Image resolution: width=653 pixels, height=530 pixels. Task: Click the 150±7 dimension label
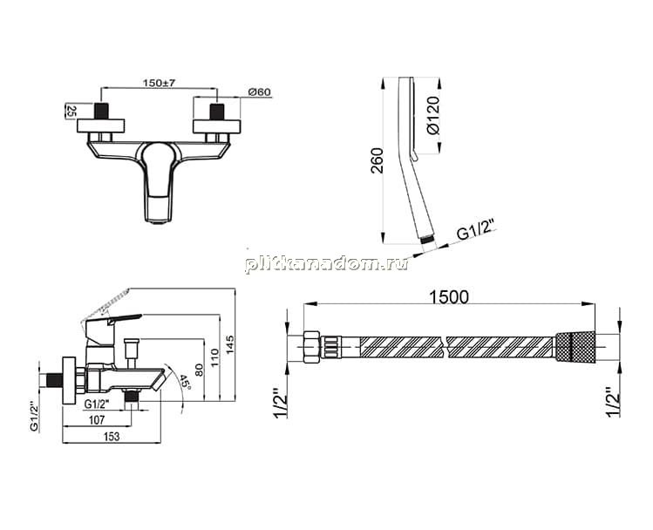click(159, 83)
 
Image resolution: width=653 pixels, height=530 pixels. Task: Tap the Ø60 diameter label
click(259, 92)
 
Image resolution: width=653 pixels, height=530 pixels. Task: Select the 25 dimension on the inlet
click(71, 111)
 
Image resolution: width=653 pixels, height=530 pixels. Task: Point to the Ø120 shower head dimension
click(433, 115)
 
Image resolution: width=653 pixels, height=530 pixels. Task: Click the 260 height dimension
click(378, 160)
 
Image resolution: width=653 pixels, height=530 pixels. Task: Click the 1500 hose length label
click(448, 297)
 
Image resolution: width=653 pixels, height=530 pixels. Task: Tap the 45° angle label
click(185, 382)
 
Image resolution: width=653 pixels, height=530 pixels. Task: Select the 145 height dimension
click(230, 344)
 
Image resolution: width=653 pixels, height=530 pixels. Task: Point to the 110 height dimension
click(214, 357)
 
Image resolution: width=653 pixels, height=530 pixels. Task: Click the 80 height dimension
click(199, 370)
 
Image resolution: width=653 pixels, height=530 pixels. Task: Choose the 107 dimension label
click(97, 420)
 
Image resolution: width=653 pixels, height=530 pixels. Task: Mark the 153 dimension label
click(112, 437)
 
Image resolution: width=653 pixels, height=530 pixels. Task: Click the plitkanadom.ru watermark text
click(327, 264)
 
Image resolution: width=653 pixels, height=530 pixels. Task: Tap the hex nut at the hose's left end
click(311, 347)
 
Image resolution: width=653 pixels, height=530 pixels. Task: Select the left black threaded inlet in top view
click(101, 112)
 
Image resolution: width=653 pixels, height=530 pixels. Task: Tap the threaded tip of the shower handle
click(426, 241)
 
